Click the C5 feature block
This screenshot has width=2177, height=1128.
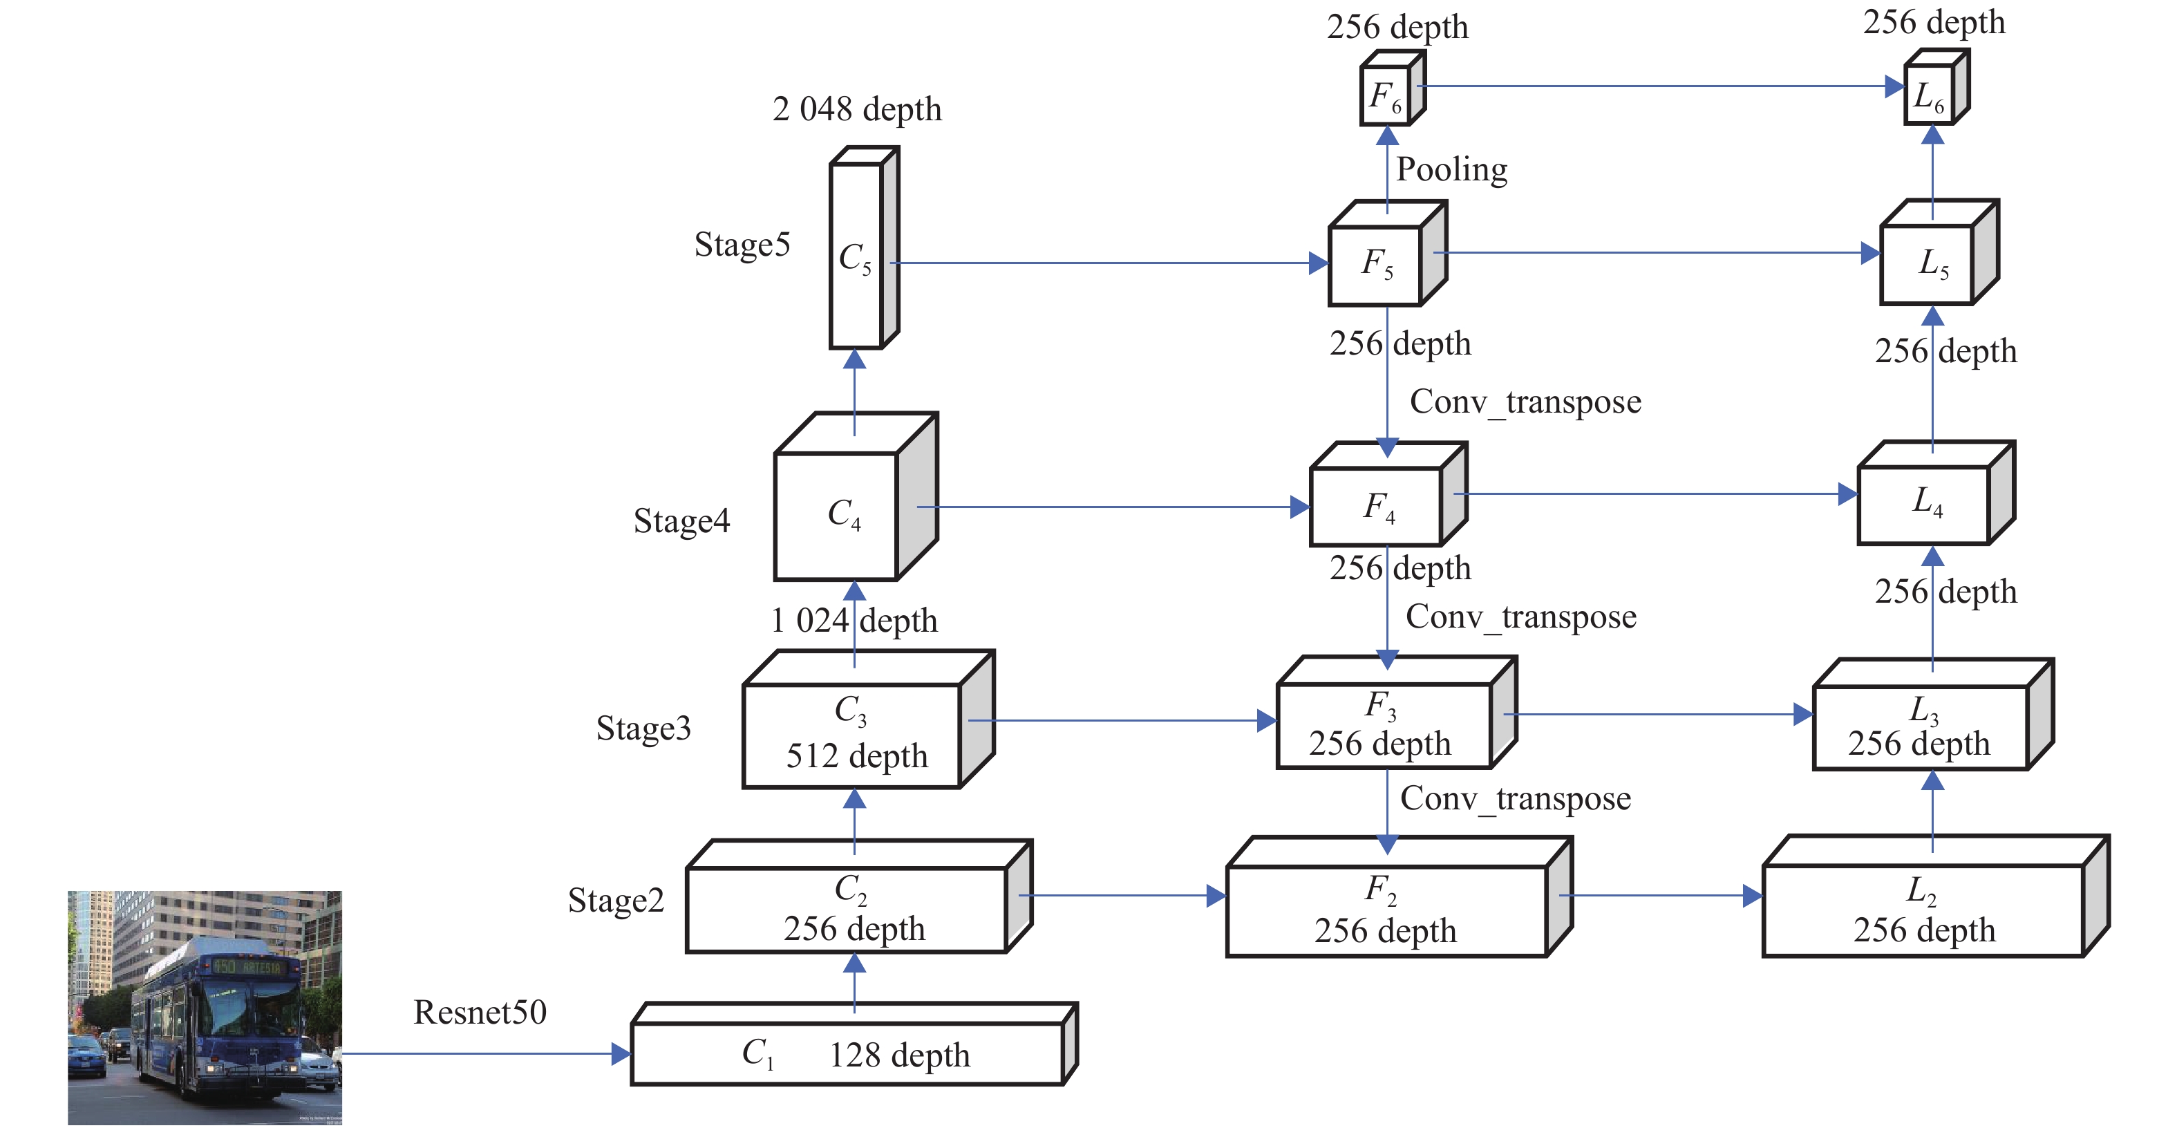pyautogui.click(x=864, y=247)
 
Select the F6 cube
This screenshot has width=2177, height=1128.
pyautogui.click(x=1393, y=88)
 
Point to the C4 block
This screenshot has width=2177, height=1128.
pyautogui.click(x=856, y=497)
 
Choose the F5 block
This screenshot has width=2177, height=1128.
pyautogui.click(x=1388, y=254)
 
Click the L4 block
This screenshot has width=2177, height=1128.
pyautogui.click(x=1936, y=493)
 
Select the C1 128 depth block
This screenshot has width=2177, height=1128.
pyautogui.click(x=854, y=1044)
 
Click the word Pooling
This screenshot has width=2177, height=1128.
pyautogui.click(x=1451, y=170)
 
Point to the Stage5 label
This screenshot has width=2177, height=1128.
pyautogui.click(x=742, y=245)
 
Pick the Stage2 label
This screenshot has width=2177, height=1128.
pyautogui.click(x=615, y=901)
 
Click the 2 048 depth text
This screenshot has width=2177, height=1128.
pyautogui.click(x=857, y=110)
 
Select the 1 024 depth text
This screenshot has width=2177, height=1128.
pyautogui.click(x=854, y=621)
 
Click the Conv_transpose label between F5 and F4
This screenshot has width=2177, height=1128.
pyautogui.click(x=1525, y=402)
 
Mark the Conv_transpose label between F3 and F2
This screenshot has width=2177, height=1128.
pyautogui.click(x=1516, y=799)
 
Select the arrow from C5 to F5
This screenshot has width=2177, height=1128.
pyautogui.click(x=1109, y=263)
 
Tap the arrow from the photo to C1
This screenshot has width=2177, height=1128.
pyautogui.click(x=486, y=1053)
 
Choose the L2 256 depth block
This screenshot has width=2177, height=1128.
pyautogui.click(x=1935, y=896)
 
